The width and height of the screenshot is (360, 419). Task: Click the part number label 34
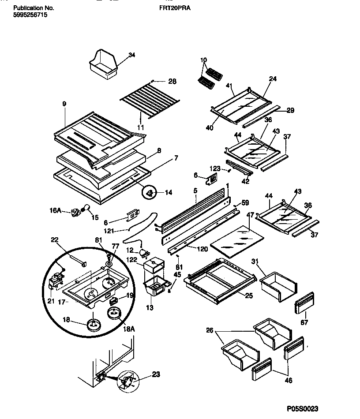pos(131,55)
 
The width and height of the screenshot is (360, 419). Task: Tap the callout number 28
pos(172,81)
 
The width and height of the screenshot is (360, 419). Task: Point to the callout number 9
pos(64,104)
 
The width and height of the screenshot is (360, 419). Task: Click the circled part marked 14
pos(150,192)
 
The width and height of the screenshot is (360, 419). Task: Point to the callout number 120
pos(202,249)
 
